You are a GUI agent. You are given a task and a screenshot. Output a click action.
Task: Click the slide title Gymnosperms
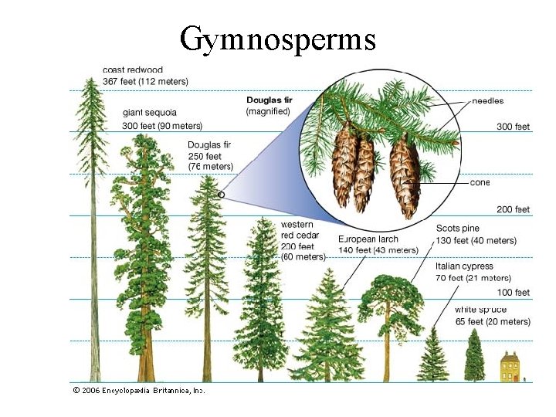click(277, 38)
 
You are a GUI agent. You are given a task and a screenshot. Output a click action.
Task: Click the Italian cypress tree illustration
click(474, 357)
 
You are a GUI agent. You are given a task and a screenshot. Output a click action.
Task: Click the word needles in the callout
click(487, 100)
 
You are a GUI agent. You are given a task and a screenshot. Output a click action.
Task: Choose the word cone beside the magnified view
click(479, 183)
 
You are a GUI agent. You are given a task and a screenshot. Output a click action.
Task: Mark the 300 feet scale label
click(513, 126)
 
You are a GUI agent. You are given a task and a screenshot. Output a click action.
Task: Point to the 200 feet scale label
click(513, 209)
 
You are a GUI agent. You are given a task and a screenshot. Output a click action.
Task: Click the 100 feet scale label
click(513, 293)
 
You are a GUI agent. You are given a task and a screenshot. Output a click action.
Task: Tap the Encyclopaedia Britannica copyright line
click(138, 391)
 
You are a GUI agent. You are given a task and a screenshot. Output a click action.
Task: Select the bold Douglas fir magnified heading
click(268, 100)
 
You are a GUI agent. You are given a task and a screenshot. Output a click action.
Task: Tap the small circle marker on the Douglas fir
click(221, 195)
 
